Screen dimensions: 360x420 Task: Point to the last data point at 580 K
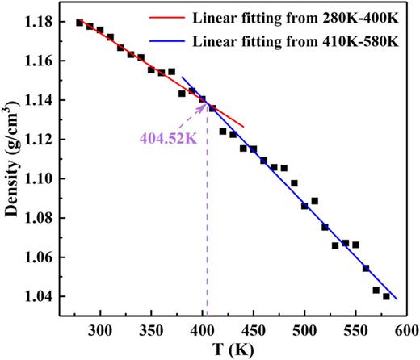pos(386,296)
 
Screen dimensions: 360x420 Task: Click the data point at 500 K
pos(304,206)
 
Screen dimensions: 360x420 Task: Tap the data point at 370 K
pos(171,72)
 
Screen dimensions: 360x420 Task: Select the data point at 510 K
pos(315,201)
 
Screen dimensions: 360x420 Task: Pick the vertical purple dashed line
pos(207,226)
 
